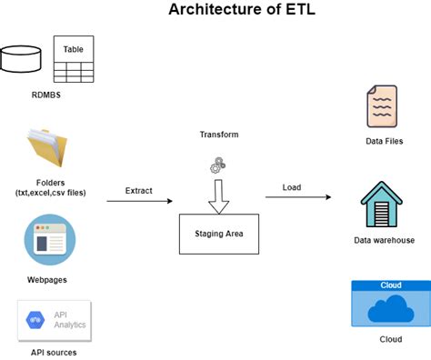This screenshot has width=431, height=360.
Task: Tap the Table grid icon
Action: [x=74, y=59]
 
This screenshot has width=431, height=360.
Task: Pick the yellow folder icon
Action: [x=48, y=151]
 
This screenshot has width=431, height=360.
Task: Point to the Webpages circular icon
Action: [x=49, y=240]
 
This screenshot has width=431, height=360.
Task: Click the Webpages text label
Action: [x=49, y=279]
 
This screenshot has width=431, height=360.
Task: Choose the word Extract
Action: [x=138, y=191]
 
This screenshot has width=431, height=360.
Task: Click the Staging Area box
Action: [x=218, y=233]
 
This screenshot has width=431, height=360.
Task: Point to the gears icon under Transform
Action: [x=218, y=165]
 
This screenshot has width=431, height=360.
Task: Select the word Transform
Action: [x=218, y=135]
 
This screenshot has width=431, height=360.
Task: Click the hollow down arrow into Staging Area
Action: [x=218, y=195]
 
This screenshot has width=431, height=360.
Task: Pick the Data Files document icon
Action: [x=381, y=106]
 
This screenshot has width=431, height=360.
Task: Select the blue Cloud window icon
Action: [x=389, y=304]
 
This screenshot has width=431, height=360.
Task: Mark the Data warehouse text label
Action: [x=384, y=240]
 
